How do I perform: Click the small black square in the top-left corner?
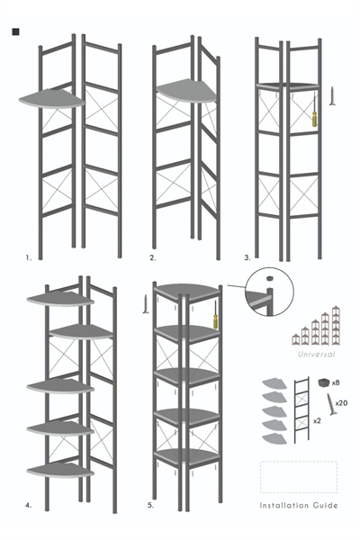(16, 33)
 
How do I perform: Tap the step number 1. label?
(30, 257)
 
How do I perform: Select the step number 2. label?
(153, 257)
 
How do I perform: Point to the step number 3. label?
(247, 257)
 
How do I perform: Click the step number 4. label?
(30, 507)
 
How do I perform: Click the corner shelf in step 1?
(51, 99)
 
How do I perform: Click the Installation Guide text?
(299, 505)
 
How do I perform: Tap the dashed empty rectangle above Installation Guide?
(299, 476)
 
